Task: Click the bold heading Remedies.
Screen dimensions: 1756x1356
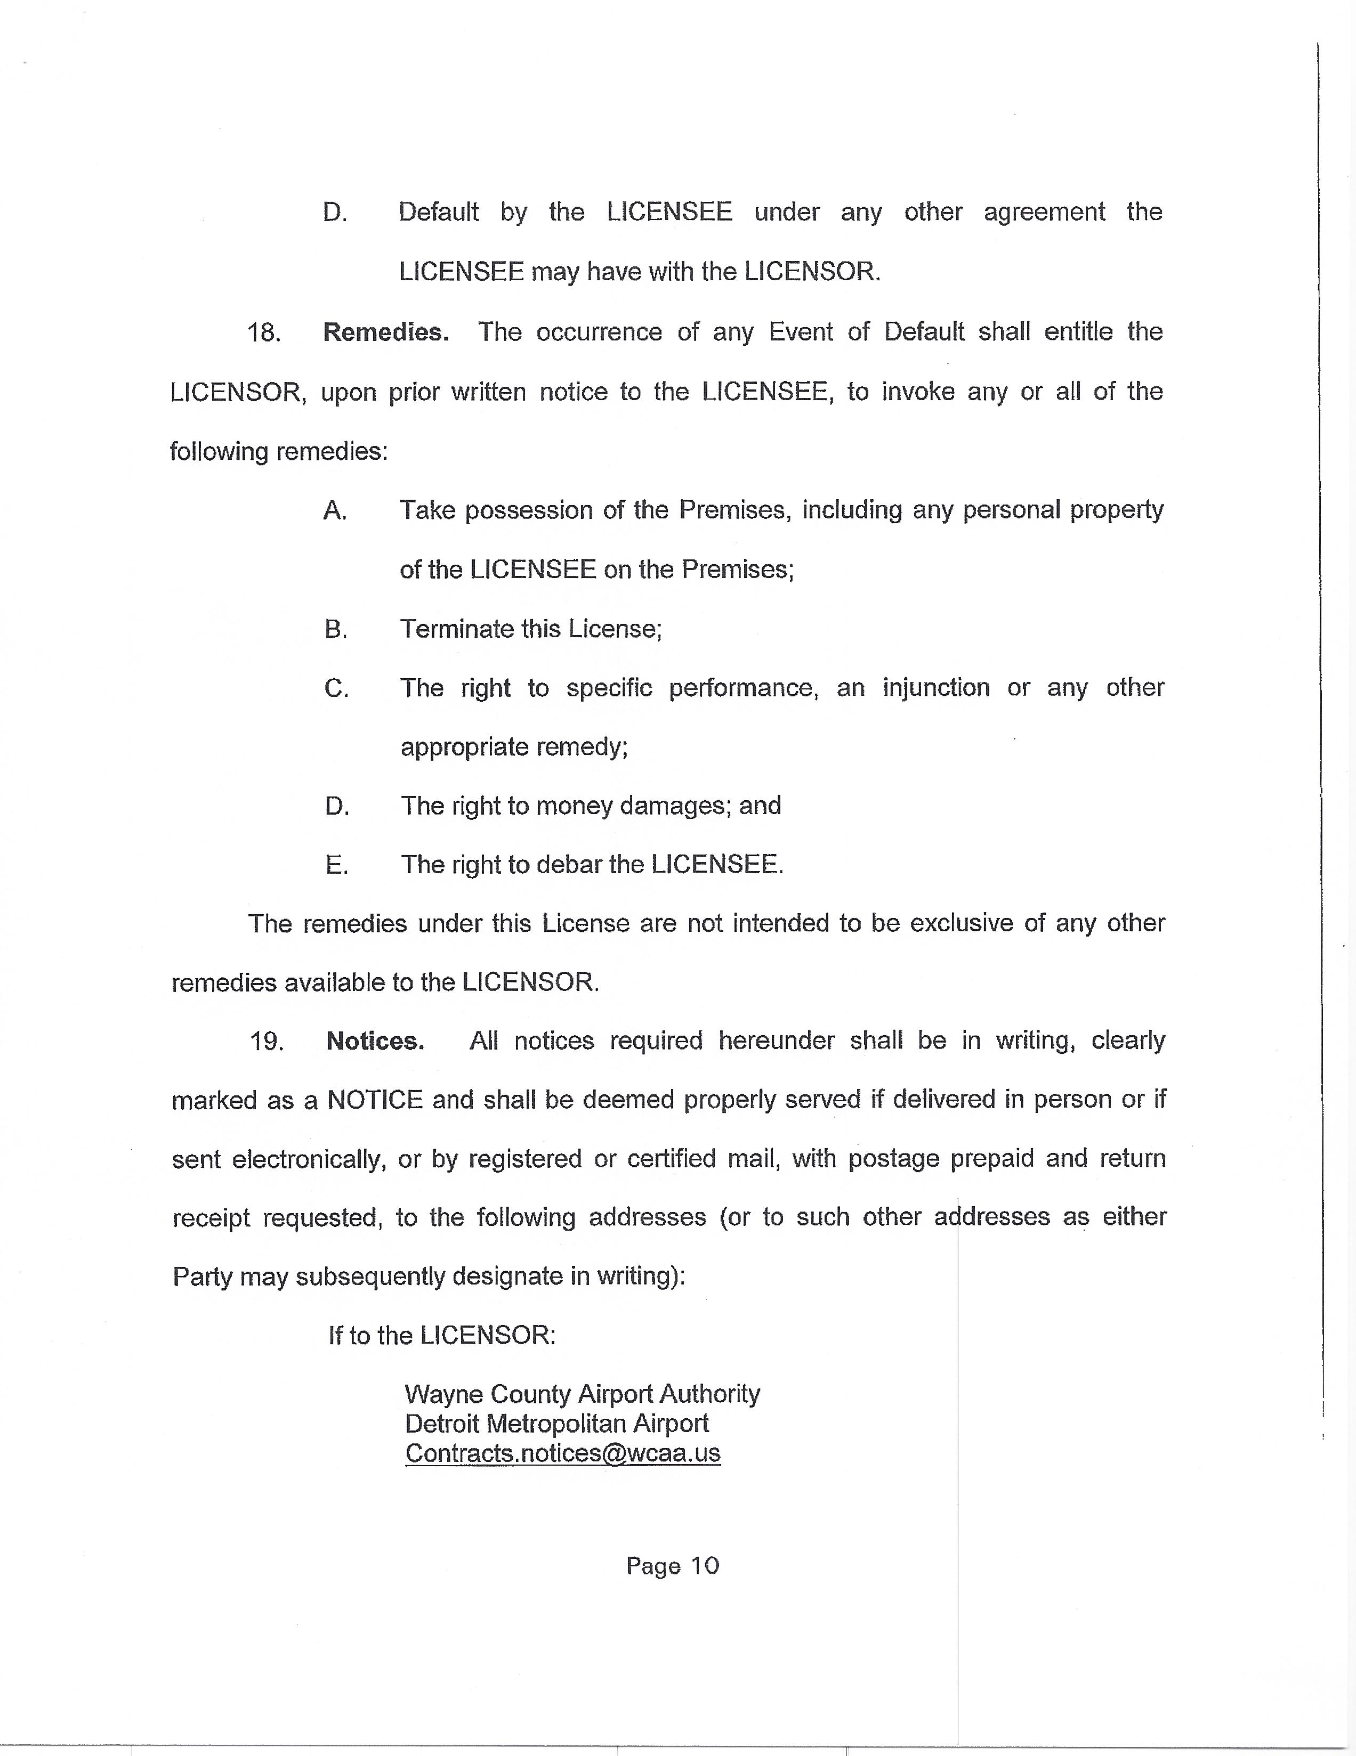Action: coord(385,332)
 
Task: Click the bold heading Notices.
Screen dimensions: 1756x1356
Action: coord(375,1041)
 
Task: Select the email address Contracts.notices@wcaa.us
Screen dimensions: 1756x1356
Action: coord(562,1454)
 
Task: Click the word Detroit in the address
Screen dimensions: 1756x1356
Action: coord(442,1424)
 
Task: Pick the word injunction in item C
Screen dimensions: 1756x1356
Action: coord(936,688)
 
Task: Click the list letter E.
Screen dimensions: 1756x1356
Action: coord(336,865)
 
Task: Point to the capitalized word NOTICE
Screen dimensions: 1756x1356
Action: coord(375,1100)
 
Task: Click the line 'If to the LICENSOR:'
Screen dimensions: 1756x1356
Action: coord(441,1336)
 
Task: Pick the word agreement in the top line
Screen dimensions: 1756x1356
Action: coord(1044,212)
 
